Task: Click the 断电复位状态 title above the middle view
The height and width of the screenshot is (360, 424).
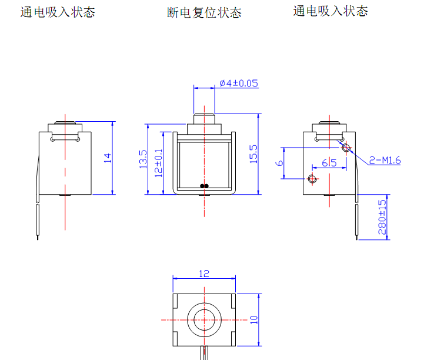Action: click(x=204, y=13)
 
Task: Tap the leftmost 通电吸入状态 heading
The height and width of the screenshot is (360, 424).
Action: click(x=58, y=12)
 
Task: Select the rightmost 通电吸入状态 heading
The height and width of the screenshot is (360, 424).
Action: click(x=330, y=11)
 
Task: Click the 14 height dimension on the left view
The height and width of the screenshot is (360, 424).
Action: click(x=107, y=158)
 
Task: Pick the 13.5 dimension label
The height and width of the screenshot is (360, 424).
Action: click(x=143, y=159)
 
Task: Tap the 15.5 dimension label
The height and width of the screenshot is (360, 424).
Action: click(x=253, y=155)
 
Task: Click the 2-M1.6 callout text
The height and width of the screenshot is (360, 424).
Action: click(x=385, y=160)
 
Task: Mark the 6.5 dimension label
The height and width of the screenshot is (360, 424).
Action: click(x=329, y=163)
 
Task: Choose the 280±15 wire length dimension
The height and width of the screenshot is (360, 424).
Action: click(x=382, y=217)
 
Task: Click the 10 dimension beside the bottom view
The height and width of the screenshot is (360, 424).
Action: click(x=254, y=319)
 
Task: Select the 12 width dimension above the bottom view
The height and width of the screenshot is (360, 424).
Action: click(x=204, y=274)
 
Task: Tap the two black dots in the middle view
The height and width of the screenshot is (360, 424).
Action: click(x=204, y=186)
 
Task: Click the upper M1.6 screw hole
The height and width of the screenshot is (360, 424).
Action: click(x=346, y=147)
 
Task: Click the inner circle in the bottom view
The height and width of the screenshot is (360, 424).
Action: click(x=204, y=319)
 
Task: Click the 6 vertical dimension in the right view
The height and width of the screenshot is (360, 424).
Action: click(x=280, y=163)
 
